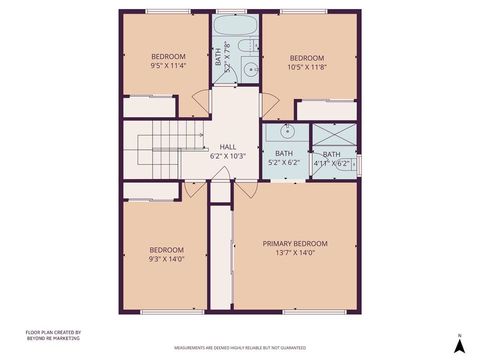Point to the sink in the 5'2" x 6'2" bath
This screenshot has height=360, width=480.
click(x=287, y=131)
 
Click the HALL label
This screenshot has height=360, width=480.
click(x=228, y=146)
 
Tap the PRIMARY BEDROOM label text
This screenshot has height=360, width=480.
click(x=295, y=243)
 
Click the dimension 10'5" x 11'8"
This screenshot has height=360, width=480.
click(x=306, y=70)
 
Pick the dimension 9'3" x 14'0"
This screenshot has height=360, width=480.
click(x=166, y=259)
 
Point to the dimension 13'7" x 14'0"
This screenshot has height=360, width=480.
click(x=295, y=253)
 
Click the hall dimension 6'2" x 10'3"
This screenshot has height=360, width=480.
click(x=227, y=156)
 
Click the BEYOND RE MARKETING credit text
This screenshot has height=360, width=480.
click(x=53, y=338)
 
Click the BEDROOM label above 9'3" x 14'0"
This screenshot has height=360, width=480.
click(x=166, y=249)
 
